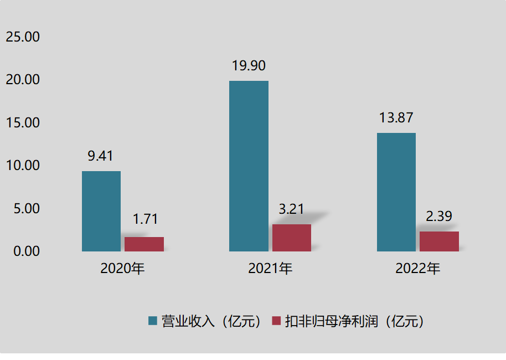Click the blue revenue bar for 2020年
[x=101, y=211]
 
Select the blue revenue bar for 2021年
[x=249, y=166]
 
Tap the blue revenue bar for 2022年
[x=396, y=192]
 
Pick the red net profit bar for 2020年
[x=144, y=244]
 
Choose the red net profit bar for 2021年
[x=292, y=238]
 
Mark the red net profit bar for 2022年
[x=439, y=241]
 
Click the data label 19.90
[x=249, y=66]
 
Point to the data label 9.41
[x=100, y=156]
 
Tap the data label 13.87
[x=396, y=118]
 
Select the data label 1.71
[x=145, y=219]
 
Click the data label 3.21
[x=291, y=209]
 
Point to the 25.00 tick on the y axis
[x=23, y=37]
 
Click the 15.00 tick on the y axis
[x=23, y=123]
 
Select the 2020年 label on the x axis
[x=122, y=269]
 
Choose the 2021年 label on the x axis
[x=270, y=269]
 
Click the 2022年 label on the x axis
[x=418, y=269]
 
